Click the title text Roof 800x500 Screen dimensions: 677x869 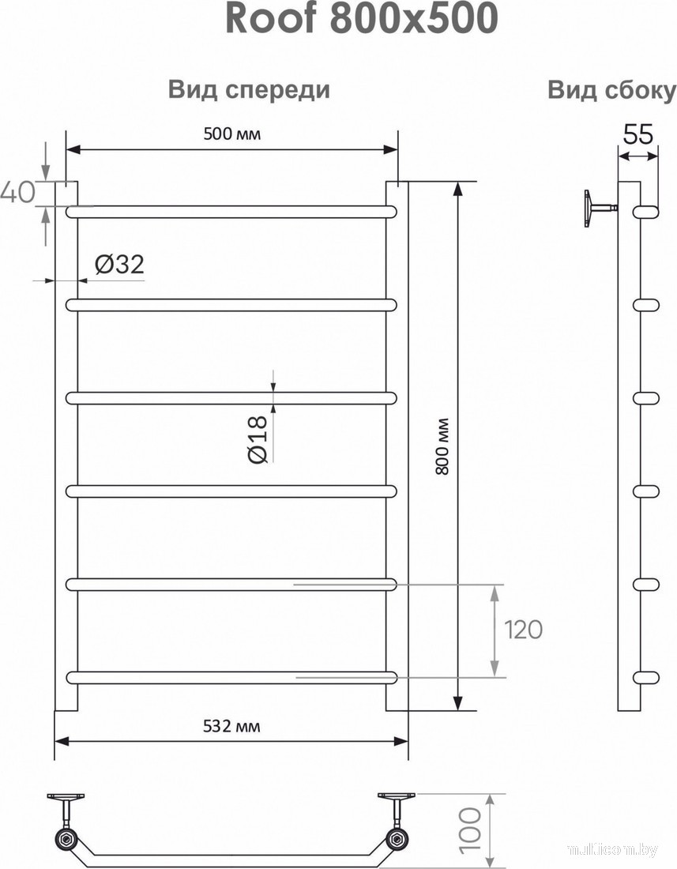point(362,20)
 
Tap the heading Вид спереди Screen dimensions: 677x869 point(249,90)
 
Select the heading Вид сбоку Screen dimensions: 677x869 point(612,90)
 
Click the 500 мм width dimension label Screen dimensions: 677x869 point(231,134)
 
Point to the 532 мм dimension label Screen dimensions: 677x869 point(231,726)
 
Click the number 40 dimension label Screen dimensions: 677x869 point(18,192)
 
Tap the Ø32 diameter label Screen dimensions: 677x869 point(119,265)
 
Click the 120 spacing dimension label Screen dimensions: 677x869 point(523,630)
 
